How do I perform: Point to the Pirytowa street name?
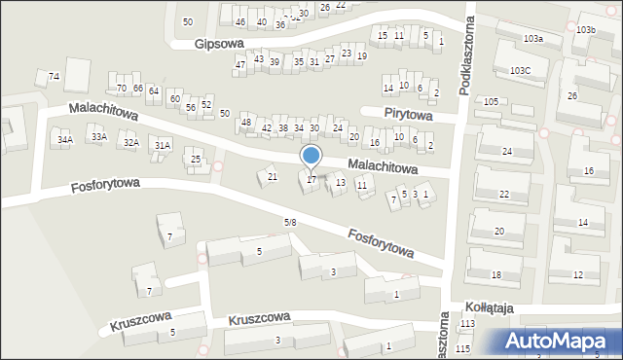tap(408, 113)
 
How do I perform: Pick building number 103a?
tap(532, 39)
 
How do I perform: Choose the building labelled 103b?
tap(585, 30)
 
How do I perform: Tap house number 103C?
tap(520, 70)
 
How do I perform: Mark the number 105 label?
tap(491, 101)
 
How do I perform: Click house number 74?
tap(55, 76)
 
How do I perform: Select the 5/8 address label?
tap(289, 223)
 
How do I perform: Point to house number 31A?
tap(163, 146)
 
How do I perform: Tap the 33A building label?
tap(98, 137)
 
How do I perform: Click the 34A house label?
tap(64, 140)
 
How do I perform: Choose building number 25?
tap(196, 159)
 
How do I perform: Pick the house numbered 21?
tap(273, 176)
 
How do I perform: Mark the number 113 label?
tap(467, 323)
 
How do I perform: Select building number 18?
tap(495, 275)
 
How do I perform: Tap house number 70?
tap(122, 89)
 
